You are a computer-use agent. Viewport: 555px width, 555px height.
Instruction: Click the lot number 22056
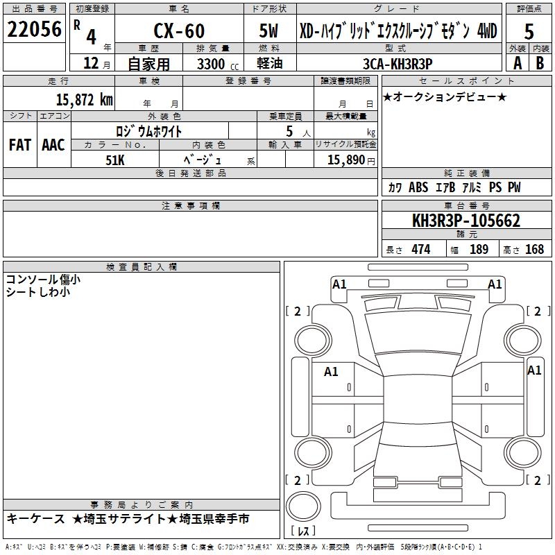point(34,29)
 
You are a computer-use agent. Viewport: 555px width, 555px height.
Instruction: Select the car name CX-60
point(179,31)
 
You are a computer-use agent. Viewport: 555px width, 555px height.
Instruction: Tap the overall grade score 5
point(529,31)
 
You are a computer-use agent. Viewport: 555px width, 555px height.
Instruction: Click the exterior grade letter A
point(518,63)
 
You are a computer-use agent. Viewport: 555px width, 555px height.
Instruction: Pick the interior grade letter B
point(540,63)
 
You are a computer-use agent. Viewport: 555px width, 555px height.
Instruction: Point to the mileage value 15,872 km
point(84,100)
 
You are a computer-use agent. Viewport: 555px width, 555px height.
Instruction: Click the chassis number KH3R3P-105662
point(466,221)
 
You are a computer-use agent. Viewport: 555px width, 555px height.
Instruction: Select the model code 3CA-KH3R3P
point(398,64)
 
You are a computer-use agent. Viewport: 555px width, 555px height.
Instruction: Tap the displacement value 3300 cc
point(218,64)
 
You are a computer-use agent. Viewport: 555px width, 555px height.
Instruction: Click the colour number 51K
point(115,160)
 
